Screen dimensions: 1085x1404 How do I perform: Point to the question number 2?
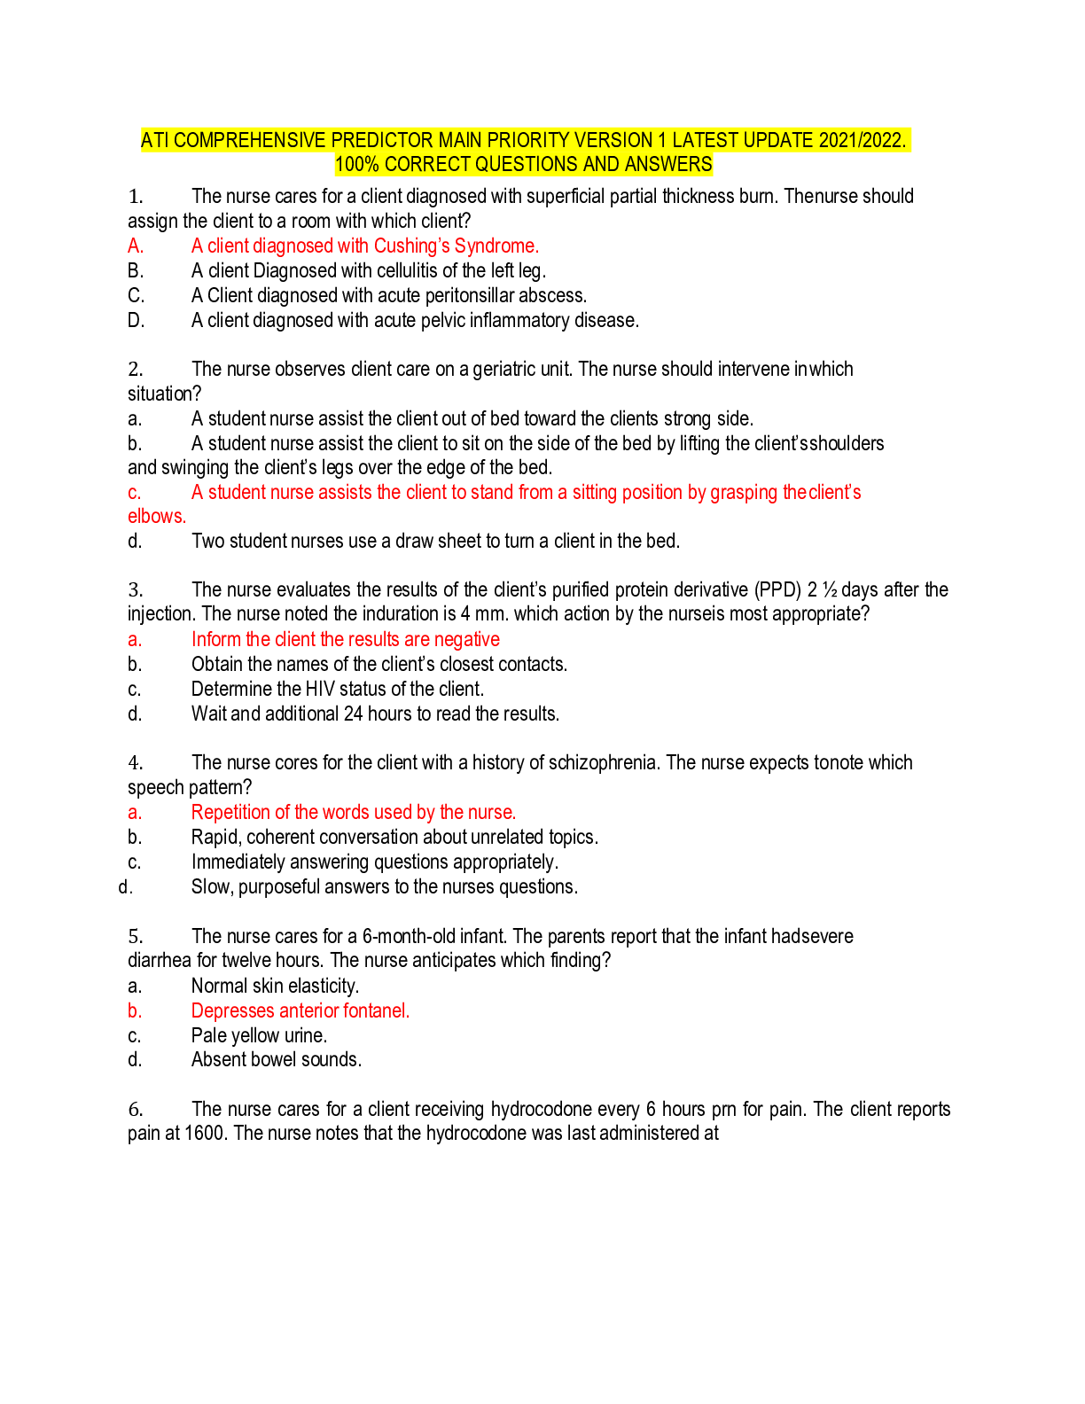pos(136,369)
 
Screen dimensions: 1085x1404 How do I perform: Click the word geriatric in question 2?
pos(505,369)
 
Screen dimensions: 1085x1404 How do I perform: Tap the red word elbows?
pos(157,516)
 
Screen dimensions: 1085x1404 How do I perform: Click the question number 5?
pos(136,936)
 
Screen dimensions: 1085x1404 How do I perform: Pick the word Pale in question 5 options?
pos(207,1035)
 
